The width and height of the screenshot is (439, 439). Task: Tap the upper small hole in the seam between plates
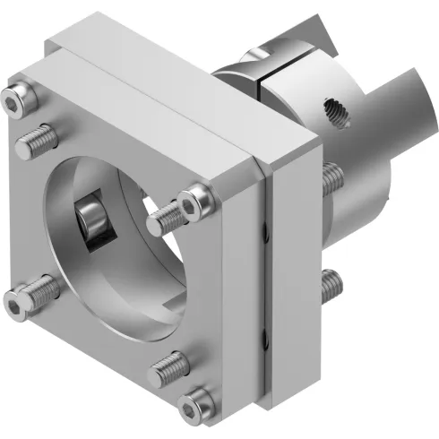click(264, 235)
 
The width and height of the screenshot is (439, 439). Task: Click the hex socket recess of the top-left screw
click(12, 102)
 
